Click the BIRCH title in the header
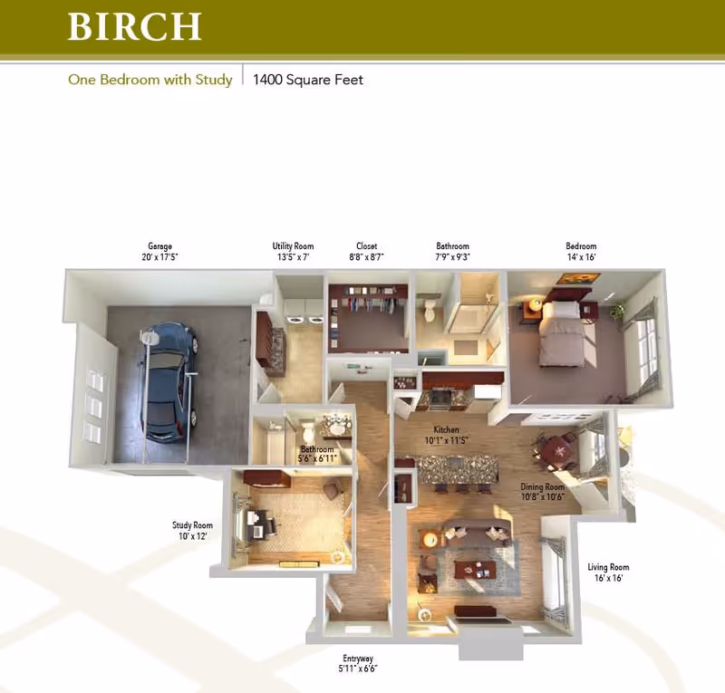point(134,26)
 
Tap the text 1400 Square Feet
point(308,80)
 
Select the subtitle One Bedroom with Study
point(150,80)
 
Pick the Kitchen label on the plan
point(446,435)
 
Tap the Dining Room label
point(543,491)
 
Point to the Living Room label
point(612,573)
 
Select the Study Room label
point(192,531)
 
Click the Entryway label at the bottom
point(358,663)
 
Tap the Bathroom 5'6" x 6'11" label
point(317,454)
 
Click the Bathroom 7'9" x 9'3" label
point(452,252)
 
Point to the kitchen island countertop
point(457,468)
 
